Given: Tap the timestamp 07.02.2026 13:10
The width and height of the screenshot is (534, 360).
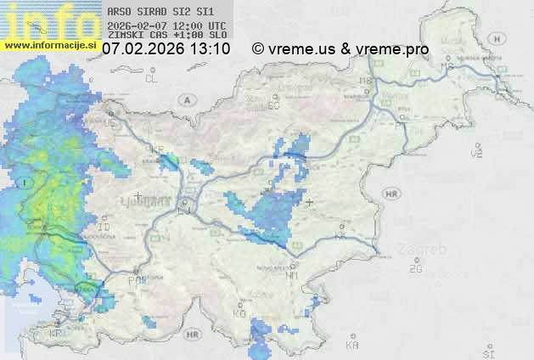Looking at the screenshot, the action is pyautogui.click(x=166, y=49).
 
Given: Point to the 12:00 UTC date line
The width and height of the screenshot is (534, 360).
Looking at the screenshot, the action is pyautogui.click(x=166, y=25).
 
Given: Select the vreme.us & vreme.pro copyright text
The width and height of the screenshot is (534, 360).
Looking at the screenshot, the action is pyautogui.click(x=340, y=49).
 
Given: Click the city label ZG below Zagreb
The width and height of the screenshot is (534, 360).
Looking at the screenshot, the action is pyautogui.click(x=415, y=269).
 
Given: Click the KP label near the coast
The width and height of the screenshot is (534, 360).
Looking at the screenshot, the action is pyautogui.click(x=56, y=334).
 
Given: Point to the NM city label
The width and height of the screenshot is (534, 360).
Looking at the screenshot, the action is pyautogui.click(x=293, y=275).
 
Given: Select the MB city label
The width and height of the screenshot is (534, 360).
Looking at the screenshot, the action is pyautogui.click(x=366, y=81).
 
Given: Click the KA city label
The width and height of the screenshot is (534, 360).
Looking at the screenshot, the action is pyautogui.click(x=352, y=346).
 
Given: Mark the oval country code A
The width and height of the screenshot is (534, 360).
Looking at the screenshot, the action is pyautogui.click(x=184, y=98).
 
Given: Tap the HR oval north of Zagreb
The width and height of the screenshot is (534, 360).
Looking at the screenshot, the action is pyautogui.click(x=391, y=194).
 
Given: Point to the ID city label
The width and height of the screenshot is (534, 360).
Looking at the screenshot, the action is pyautogui.click(x=105, y=228).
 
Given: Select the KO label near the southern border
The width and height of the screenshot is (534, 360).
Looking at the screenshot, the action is pyautogui.click(x=239, y=314).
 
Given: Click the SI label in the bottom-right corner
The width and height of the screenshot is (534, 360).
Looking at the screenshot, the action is pyautogui.click(x=487, y=351).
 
